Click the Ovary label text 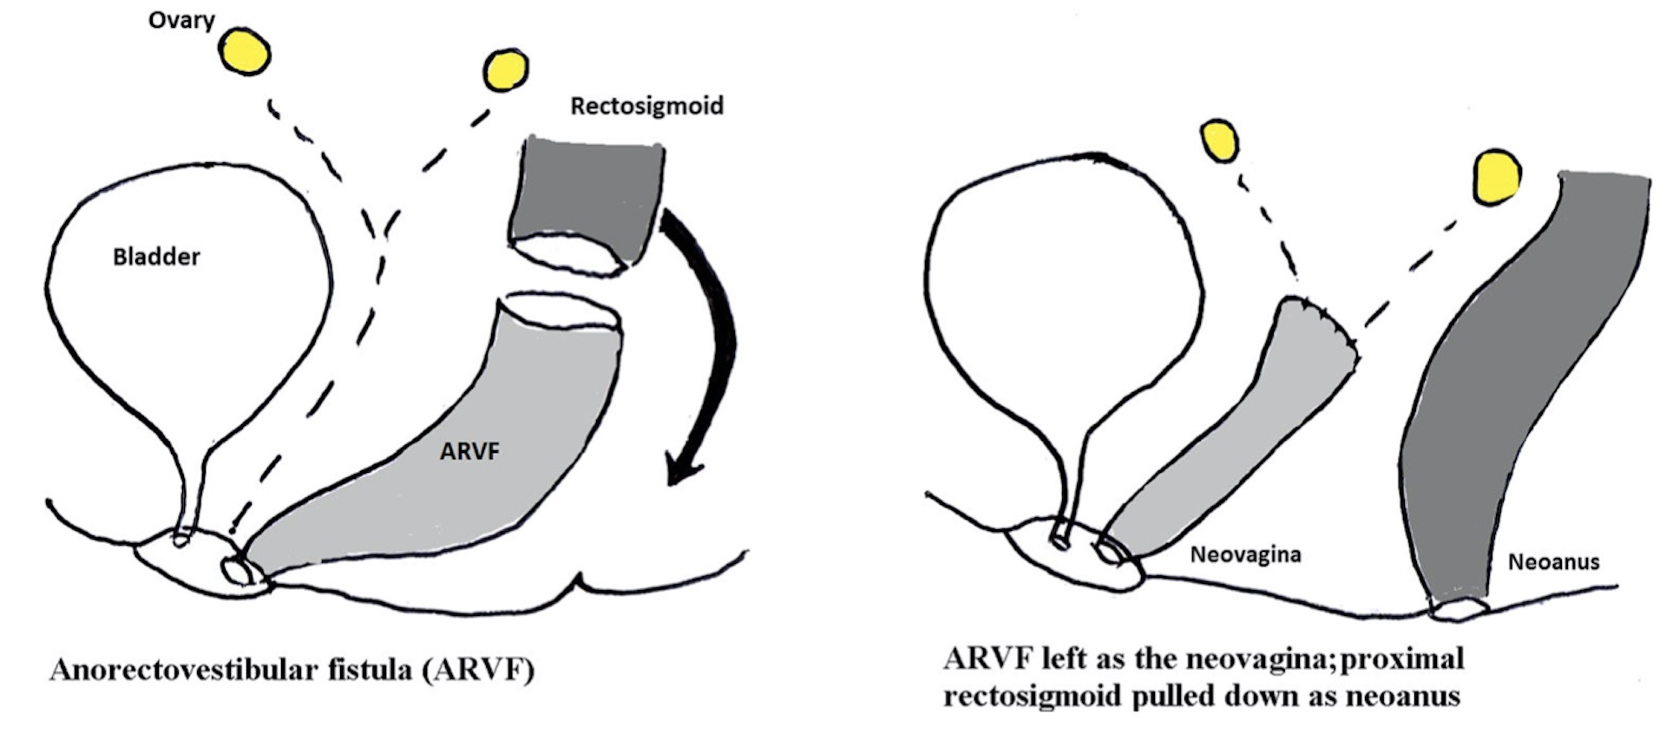tap(181, 19)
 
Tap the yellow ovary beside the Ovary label tap(245, 51)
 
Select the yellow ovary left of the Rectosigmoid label tap(505, 69)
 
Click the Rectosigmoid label tap(646, 106)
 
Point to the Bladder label tap(156, 257)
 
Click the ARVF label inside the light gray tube tap(469, 451)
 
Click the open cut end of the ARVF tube tap(562, 312)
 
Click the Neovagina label tap(1245, 554)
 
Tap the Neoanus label tap(1553, 562)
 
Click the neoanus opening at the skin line tap(1459, 610)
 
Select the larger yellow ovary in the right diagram tap(1497, 177)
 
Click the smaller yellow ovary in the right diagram tap(1219, 141)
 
